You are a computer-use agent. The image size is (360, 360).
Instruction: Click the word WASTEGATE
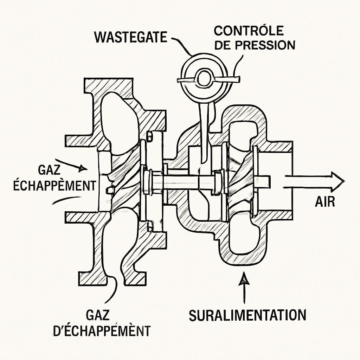[130, 37]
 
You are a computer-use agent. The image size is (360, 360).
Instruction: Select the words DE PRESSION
[255, 45]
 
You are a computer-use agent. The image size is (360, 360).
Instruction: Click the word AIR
[325, 201]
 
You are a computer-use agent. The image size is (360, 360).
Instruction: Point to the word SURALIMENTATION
[247, 315]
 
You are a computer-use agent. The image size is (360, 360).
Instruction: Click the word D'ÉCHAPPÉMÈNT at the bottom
[102, 330]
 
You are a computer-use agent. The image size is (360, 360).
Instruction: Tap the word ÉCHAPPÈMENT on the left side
[54, 185]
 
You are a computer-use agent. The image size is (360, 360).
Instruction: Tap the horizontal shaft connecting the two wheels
[183, 181]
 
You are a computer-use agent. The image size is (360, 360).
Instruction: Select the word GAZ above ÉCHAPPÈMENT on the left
[49, 171]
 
